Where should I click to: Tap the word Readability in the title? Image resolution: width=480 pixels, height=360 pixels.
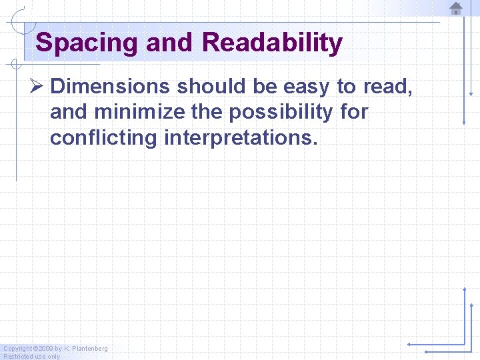pos(272,43)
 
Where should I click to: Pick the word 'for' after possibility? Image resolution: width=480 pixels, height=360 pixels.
pos(353,113)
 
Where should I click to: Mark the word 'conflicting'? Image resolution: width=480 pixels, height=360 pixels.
pos(103,139)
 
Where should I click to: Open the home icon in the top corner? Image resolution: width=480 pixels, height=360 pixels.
pos(456,9)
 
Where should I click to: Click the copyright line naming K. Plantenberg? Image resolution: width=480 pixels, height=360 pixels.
pos(55,349)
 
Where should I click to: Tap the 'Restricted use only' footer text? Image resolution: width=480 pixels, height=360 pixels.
pos(32,357)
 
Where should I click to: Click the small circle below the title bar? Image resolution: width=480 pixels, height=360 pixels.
pos(15,65)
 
